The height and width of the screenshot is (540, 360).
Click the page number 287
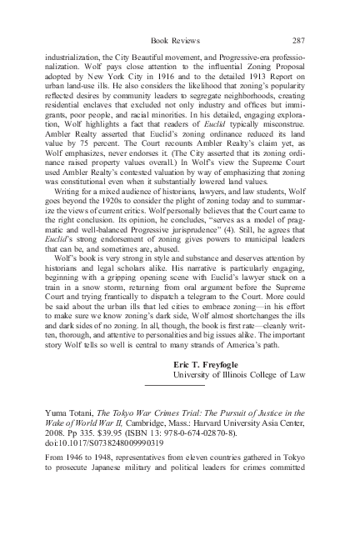coord(299,39)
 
